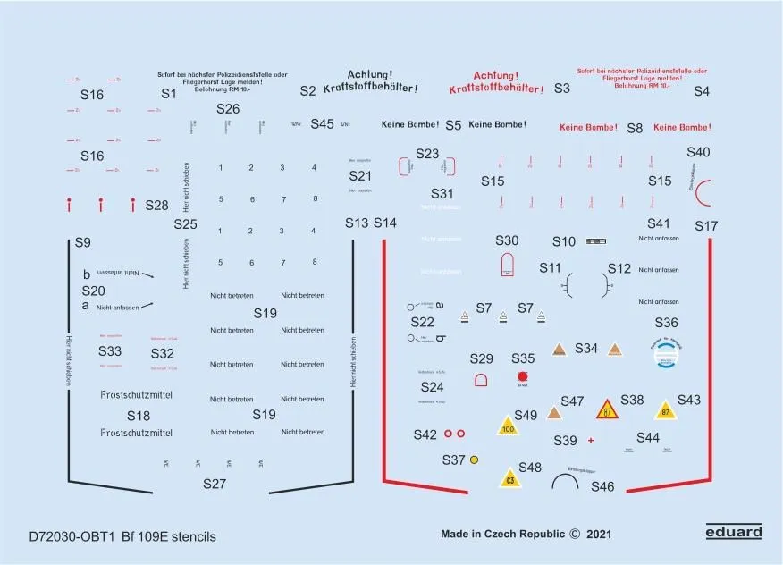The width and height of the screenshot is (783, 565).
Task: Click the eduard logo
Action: [x=733, y=532]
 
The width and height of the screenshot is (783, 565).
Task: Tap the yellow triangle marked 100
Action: [x=509, y=426]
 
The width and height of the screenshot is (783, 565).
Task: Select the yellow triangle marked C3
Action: [x=510, y=478]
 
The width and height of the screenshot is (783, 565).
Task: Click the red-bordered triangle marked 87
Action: [x=608, y=410]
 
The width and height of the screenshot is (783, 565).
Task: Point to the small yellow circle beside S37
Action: [x=474, y=460]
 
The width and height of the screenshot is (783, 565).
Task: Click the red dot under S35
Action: [x=522, y=377]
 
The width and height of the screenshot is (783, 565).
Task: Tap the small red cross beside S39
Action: [x=590, y=441]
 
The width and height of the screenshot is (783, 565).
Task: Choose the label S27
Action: [x=215, y=484]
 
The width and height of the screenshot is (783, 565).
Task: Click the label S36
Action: [x=666, y=323]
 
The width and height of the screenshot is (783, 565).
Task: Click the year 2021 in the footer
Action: [x=599, y=535]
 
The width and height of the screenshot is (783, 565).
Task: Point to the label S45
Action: [x=322, y=124]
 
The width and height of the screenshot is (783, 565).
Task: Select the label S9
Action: [x=82, y=242]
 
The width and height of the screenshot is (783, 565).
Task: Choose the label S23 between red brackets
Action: [x=427, y=154]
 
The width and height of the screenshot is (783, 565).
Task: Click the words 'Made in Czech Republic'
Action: [x=503, y=535]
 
